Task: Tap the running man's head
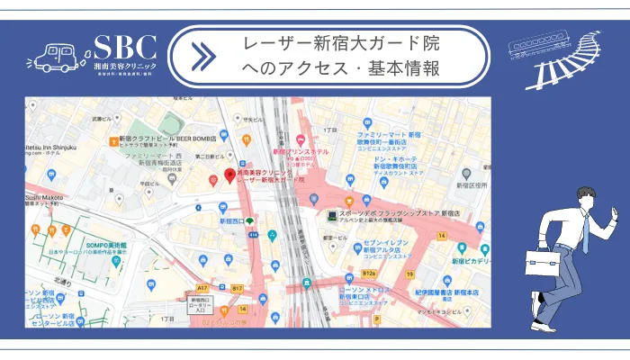click(583, 196)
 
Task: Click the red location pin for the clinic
click(229, 172)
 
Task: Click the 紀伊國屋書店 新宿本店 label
click(437, 292)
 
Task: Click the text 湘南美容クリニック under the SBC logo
click(125, 67)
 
